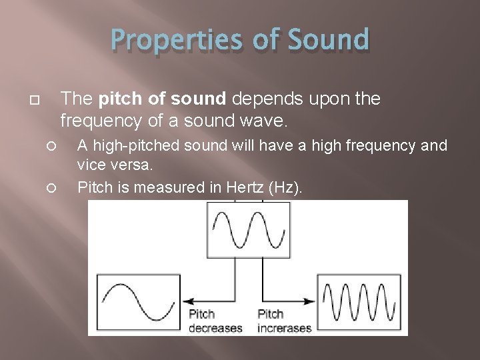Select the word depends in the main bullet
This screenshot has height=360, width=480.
click(265, 99)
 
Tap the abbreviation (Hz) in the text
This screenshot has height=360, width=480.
click(285, 188)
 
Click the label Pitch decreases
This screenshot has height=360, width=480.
click(215, 321)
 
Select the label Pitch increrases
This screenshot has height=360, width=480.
click(285, 321)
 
